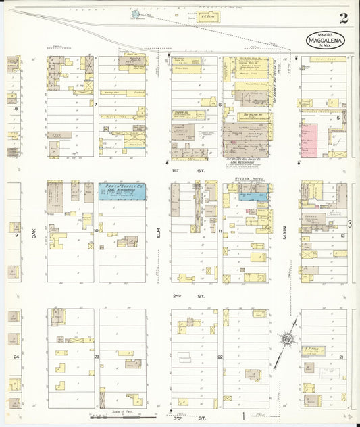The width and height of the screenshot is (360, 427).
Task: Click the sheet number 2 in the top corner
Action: [344, 18]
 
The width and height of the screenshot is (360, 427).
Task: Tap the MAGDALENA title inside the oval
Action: [328, 40]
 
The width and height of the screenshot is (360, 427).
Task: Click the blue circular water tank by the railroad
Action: [134, 14]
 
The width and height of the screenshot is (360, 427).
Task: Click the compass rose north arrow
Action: [288, 338]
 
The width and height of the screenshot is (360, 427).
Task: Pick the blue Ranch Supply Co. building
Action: [122, 190]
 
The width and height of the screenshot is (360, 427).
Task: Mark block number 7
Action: [97, 105]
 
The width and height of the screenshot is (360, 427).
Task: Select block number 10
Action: [97, 230]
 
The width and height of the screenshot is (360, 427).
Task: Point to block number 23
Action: [97, 356]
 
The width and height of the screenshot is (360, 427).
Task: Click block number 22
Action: [220, 356]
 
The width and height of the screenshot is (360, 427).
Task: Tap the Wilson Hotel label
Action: [245, 180]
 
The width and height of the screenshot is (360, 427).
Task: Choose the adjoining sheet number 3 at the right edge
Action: [349, 223]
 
